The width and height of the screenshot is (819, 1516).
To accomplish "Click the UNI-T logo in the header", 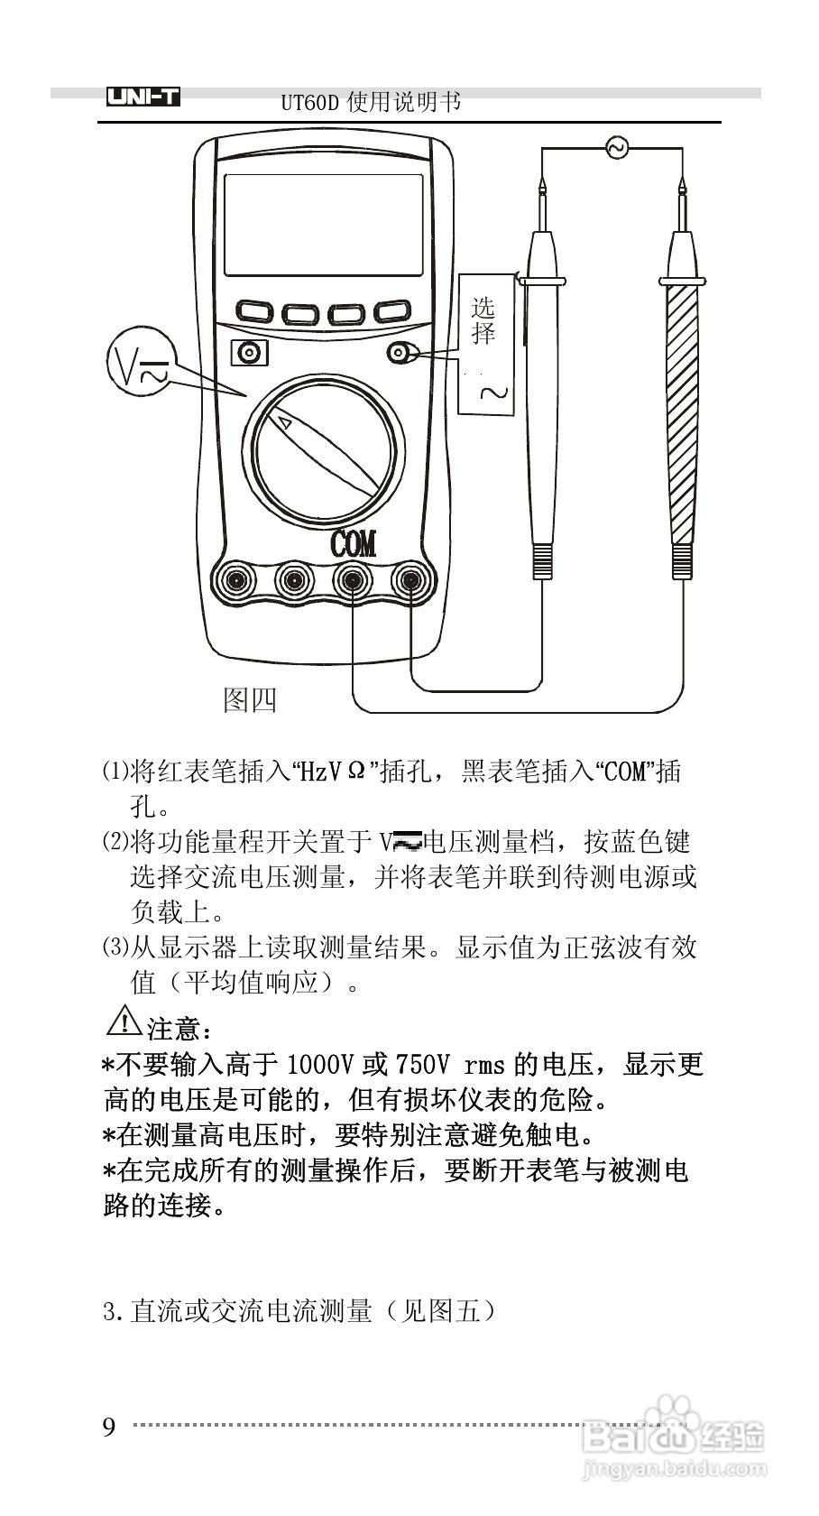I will tap(143, 97).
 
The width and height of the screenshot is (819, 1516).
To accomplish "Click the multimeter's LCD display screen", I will tap(324, 225).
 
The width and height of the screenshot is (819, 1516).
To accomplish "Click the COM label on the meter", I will tap(354, 544).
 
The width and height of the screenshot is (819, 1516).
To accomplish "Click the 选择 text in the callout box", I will tap(484, 321).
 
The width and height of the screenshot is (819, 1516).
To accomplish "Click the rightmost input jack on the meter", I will tap(411, 578).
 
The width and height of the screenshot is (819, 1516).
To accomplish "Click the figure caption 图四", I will tap(250, 699).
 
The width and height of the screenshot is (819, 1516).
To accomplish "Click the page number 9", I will tap(109, 1428).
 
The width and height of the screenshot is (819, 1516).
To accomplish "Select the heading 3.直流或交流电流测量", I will tap(299, 1310).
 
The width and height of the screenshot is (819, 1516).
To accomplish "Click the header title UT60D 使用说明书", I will tap(371, 102).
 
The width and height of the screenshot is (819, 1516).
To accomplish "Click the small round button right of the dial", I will tap(399, 353).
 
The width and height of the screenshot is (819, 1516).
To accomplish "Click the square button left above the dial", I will tap(249, 352).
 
